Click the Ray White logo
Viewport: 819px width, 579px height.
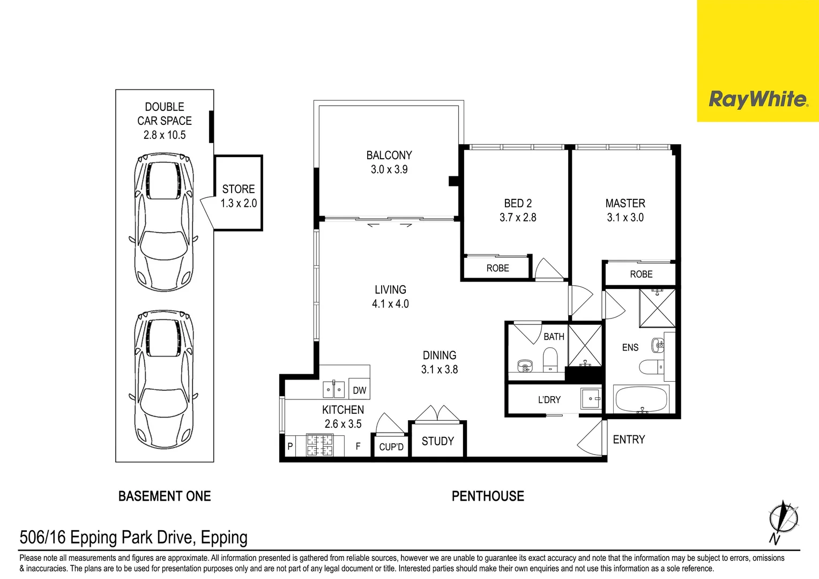757,99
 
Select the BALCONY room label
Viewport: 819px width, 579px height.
389,155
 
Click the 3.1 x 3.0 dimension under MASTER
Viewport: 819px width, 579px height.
625,218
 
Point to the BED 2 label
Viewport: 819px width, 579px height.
518,204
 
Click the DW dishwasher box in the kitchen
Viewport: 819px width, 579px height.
359,390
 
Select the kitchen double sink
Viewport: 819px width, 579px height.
333,389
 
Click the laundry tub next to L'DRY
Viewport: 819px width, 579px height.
590,399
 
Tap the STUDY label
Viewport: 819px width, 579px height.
437,441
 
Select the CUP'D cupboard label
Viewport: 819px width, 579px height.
391,447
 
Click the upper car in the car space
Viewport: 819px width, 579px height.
163,222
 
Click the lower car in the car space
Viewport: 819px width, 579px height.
163,378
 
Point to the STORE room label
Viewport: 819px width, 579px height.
239,189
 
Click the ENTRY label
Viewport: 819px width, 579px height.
629,440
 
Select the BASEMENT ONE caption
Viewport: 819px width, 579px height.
165,496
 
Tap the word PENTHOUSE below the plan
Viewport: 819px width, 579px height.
488,496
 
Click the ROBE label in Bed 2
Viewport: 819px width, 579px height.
497,268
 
